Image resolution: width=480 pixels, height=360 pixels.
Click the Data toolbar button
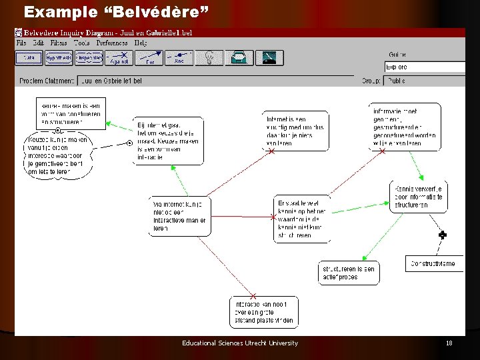(29, 58)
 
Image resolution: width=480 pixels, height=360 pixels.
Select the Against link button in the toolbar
(118, 58)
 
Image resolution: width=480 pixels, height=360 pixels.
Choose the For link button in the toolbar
(149, 58)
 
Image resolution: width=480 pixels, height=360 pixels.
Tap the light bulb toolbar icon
(209, 58)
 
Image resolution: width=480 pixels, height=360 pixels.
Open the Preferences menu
(111, 43)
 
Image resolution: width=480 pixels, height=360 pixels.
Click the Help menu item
(141, 43)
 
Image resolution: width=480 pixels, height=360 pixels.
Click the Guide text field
(425, 67)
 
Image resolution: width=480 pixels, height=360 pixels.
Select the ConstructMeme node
(434, 263)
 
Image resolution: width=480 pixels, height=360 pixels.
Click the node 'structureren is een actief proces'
(349, 273)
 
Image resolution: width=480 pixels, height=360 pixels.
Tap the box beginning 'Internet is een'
(295, 130)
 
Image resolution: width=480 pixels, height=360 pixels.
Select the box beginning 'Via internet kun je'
(179, 215)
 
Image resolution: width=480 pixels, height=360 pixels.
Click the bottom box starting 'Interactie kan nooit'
(264, 311)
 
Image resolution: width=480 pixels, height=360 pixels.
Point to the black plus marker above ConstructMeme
(442, 235)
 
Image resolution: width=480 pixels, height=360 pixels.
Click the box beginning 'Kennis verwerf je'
(419, 197)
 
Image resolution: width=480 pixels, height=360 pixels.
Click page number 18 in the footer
(449, 343)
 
